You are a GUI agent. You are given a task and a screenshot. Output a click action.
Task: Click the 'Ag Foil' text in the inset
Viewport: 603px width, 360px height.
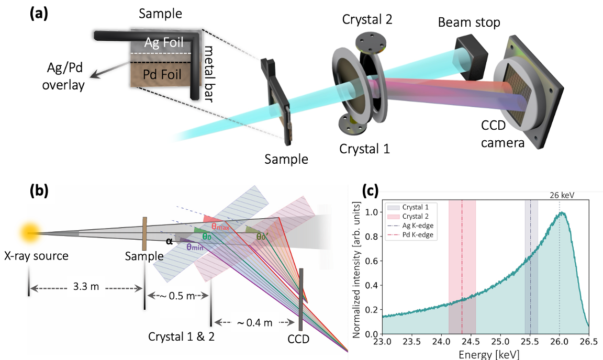(x=165, y=43)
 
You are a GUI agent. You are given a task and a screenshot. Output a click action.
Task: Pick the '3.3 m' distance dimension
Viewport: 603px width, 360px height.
(x=86, y=287)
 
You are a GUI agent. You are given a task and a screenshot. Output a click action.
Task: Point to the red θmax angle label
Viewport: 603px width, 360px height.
(x=224, y=227)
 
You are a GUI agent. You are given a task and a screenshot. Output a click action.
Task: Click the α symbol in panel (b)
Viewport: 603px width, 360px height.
(x=169, y=241)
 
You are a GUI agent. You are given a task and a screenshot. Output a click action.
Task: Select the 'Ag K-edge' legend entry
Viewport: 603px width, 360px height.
(x=421, y=226)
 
